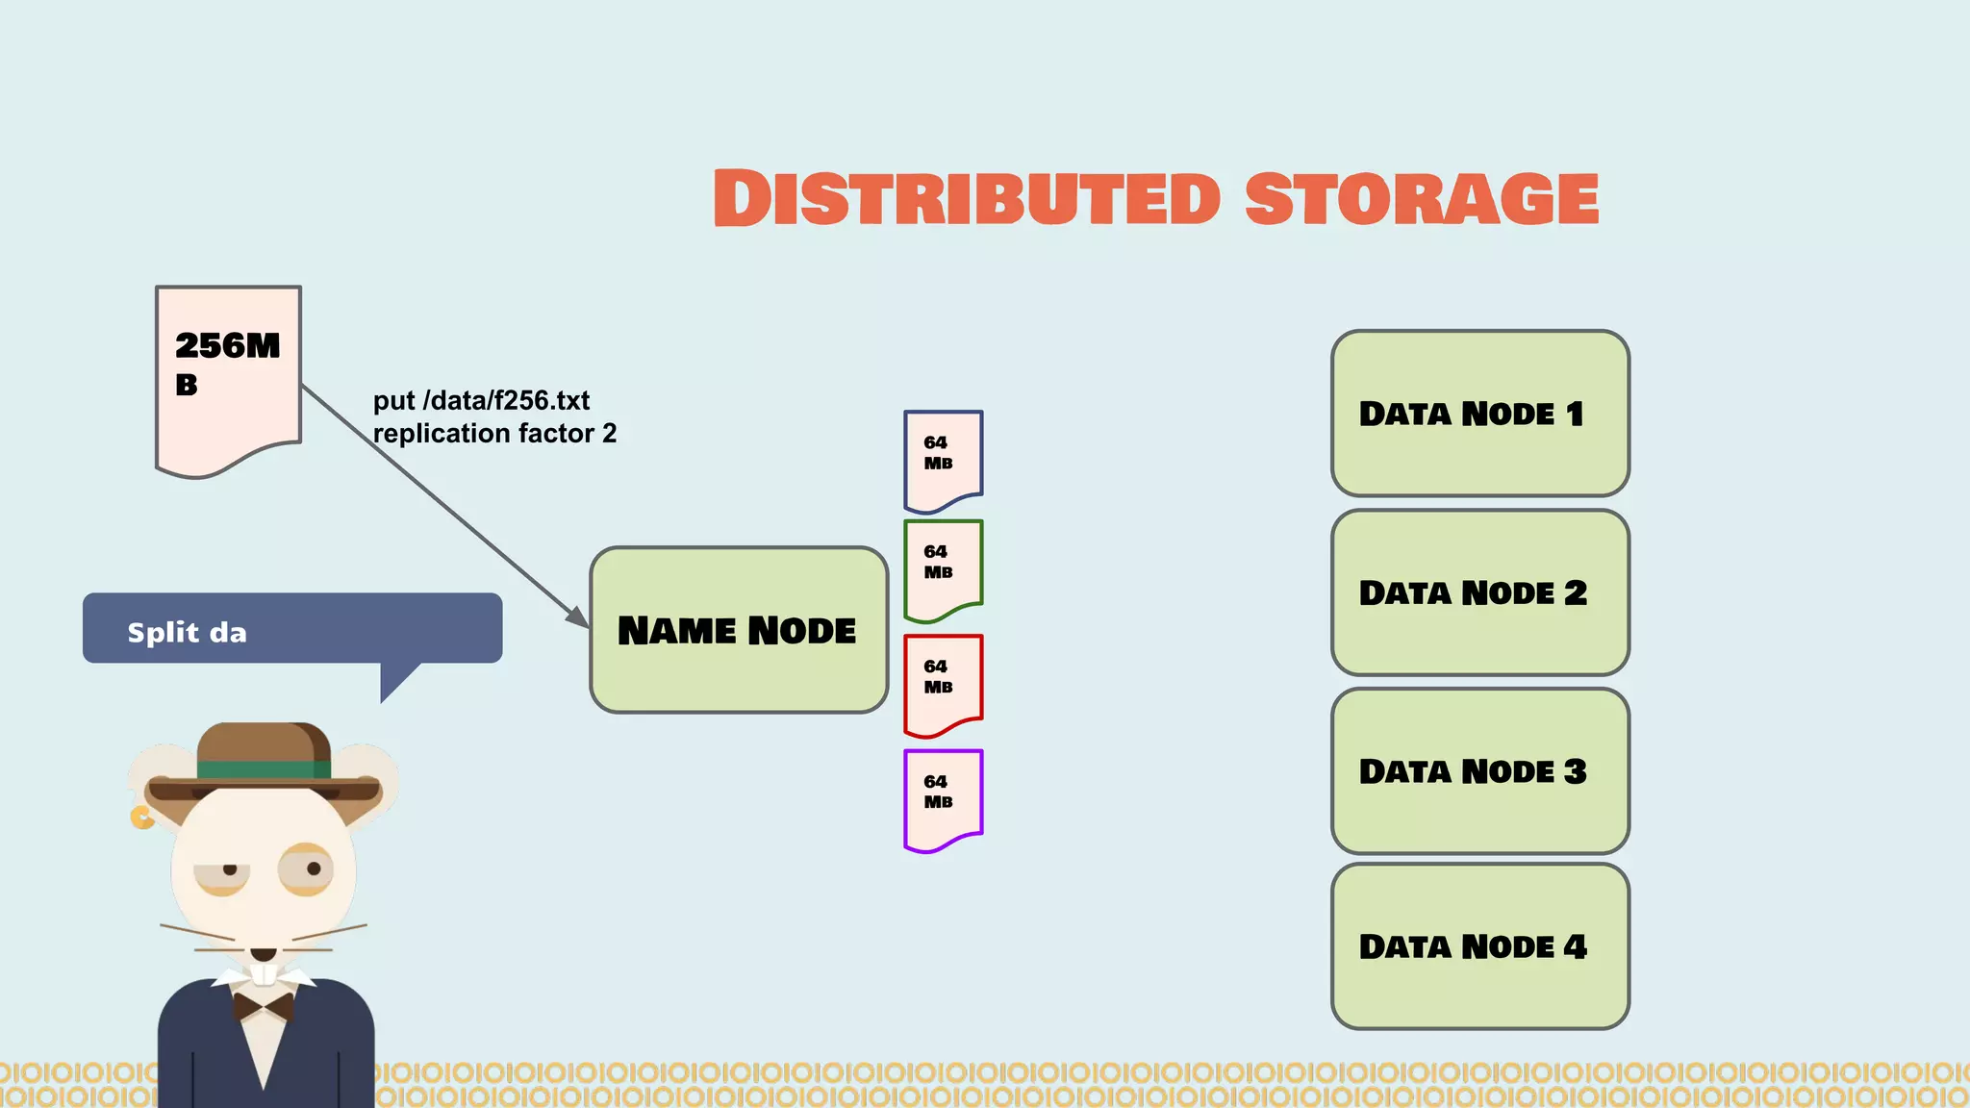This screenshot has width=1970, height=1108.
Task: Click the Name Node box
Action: point(738,630)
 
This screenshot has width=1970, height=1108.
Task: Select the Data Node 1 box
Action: point(1479,414)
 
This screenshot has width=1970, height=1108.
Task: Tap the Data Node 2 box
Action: point(1479,592)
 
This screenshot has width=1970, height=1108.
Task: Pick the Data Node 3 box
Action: point(1479,771)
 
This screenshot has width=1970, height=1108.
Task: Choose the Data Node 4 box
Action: point(1479,946)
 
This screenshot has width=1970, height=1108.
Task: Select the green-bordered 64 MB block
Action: point(943,567)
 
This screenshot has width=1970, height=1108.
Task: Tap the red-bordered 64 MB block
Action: point(943,683)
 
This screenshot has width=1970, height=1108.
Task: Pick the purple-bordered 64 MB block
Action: point(943,797)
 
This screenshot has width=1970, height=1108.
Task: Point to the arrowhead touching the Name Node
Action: point(579,618)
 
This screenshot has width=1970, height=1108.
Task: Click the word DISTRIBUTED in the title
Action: point(967,199)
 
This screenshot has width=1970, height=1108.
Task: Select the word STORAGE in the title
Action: point(1422,199)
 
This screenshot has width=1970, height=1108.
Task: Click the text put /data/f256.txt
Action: point(481,400)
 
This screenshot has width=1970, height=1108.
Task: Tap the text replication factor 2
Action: point(494,434)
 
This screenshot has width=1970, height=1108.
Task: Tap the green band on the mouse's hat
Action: point(264,769)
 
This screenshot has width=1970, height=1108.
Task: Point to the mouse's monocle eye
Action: point(307,869)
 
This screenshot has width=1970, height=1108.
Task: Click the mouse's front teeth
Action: point(265,974)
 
